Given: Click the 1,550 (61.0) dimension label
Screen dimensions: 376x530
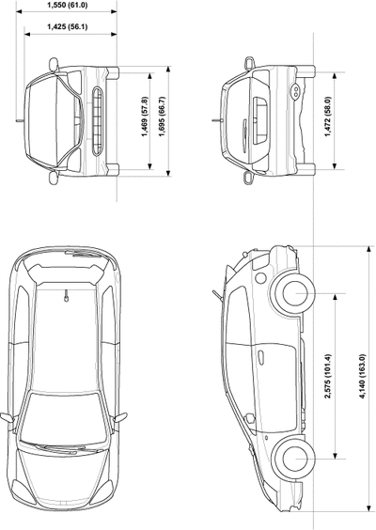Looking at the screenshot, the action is point(67,5).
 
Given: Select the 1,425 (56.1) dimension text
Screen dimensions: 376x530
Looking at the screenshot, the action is point(67,26).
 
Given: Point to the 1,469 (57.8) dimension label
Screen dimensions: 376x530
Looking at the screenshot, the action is point(145,117).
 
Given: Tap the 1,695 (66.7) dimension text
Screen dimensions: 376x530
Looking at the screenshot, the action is point(163,117).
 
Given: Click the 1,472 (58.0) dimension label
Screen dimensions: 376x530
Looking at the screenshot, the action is point(328,117).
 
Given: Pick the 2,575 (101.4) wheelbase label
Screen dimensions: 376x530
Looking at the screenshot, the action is point(328,376).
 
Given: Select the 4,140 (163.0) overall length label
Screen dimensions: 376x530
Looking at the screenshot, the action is point(363,376).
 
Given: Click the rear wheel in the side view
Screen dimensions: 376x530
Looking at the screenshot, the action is point(292,293).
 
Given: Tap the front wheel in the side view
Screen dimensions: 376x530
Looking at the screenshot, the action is point(293,459).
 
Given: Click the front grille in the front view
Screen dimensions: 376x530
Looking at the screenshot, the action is point(98,121).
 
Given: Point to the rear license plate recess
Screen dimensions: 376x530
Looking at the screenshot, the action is point(260,121).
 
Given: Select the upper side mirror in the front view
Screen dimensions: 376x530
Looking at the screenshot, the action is point(54,64).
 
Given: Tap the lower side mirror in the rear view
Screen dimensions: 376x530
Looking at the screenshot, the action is point(249,178).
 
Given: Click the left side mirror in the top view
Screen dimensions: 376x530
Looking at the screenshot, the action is point(8,417).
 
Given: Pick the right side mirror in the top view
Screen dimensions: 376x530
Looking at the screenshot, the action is point(120,417).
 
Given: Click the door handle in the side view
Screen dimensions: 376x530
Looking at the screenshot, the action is point(260,357).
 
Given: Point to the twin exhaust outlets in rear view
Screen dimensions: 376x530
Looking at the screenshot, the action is point(295,90).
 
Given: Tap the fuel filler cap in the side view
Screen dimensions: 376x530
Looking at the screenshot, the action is point(260,278).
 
